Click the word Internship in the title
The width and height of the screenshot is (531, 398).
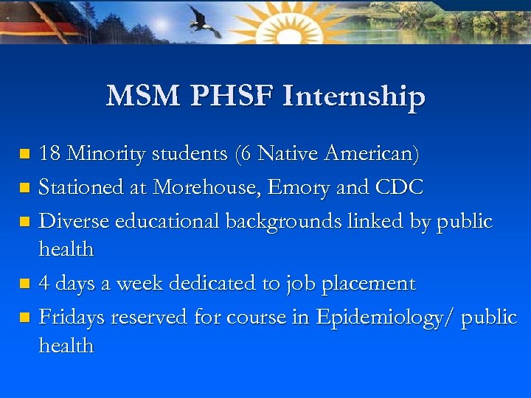pyautogui.click(x=354, y=96)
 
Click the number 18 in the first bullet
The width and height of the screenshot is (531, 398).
pyautogui.click(x=50, y=154)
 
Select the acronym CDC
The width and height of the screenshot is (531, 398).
pyautogui.click(x=398, y=187)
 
